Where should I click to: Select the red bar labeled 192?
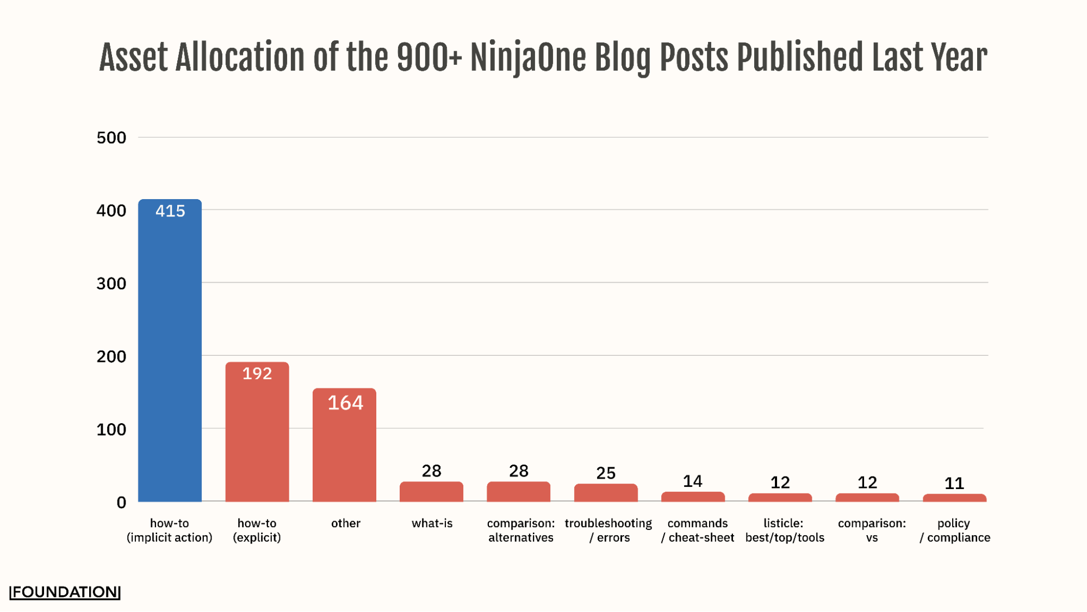257,435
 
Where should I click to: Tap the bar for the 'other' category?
344,452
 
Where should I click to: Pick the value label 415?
170,211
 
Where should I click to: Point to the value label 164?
345,403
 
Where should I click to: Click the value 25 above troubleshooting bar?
606,473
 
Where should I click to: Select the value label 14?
693,481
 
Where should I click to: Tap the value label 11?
954,484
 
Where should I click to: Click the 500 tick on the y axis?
111,138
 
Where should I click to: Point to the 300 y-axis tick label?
111,283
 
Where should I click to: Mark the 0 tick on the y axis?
121,503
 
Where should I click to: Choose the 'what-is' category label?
432,523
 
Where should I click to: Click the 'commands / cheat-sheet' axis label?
698,530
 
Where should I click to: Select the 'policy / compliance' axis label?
955,530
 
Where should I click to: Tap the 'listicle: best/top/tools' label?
785,530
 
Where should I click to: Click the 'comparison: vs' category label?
872,530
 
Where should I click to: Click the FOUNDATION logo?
65,592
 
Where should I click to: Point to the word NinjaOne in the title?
528,58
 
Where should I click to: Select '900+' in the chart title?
429,58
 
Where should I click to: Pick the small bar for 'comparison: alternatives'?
518,492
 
